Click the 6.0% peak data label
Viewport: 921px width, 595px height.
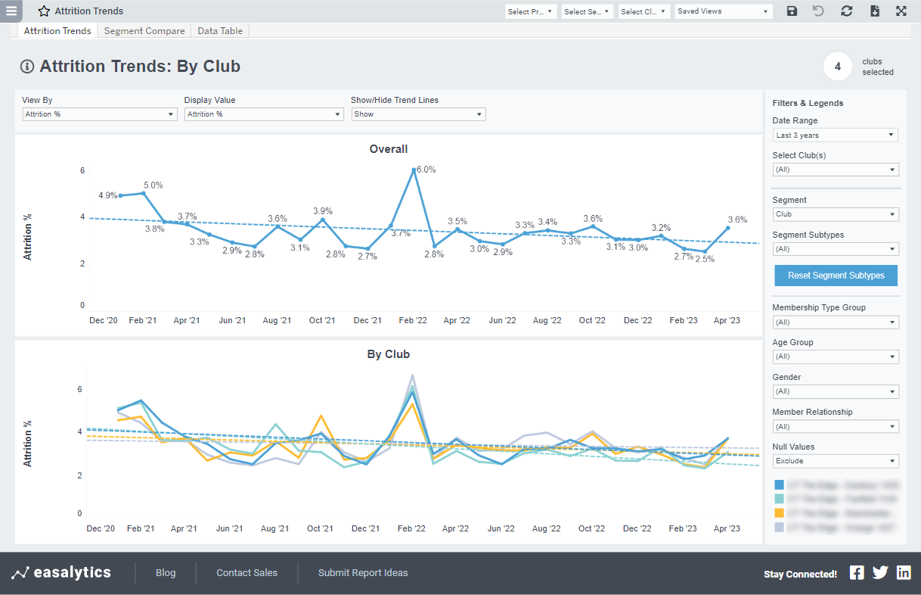(426, 170)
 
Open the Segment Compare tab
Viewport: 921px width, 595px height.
(144, 31)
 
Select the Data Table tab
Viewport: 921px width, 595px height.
(220, 31)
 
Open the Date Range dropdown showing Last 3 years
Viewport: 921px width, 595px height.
(835, 136)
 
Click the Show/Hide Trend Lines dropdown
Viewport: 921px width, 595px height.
(418, 114)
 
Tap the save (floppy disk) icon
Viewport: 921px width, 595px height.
(792, 11)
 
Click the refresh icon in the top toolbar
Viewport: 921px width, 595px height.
(846, 11)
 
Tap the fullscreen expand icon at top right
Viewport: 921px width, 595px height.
(901, 11)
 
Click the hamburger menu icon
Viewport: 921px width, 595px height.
(11, 11)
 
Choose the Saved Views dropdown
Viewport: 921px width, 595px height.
(724, 11)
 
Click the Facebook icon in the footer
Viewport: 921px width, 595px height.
(857, 573)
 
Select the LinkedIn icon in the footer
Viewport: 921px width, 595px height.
(904, 573)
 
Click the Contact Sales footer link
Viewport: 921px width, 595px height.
(247, 573)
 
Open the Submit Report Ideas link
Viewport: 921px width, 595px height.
(363, 573)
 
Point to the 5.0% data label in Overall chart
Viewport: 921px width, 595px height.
(153, 185)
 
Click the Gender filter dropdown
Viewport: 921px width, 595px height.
(835, 391)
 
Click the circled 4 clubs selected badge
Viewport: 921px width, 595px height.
(838, 67)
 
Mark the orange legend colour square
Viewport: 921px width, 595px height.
(780, 512)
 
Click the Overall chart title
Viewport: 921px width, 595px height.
(389, 149)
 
